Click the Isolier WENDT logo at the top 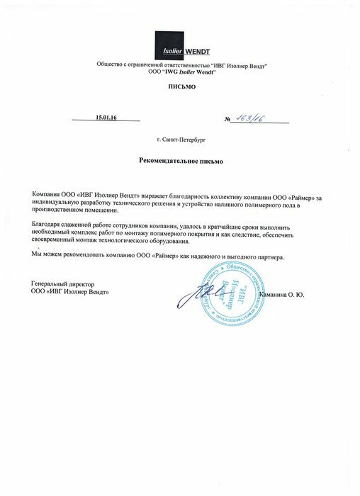coord(179,51)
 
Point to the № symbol coord(228,118)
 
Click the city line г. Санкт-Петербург coord(180,142)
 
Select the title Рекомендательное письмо coord(180,162)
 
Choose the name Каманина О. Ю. coord(283,293)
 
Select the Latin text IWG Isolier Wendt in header coord(186,72)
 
